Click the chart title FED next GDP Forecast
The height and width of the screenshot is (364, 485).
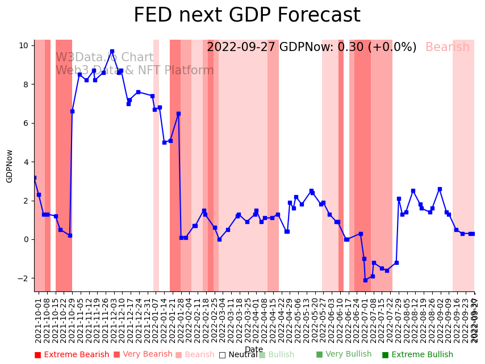246,15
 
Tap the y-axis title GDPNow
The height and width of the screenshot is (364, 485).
10,166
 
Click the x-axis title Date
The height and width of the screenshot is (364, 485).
254,349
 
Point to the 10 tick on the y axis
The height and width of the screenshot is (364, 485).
24,45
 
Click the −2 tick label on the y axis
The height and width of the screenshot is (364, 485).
23,278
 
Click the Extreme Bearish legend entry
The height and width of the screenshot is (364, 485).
72,355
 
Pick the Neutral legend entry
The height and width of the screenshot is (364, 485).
238,355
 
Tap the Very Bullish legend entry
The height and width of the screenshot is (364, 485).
344,354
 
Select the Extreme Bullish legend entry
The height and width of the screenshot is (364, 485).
417,355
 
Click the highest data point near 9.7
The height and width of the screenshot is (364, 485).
112,51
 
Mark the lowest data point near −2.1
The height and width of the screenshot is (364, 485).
365,280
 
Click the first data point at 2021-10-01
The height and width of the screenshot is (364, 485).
35,177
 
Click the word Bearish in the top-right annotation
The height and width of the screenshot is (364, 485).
448,48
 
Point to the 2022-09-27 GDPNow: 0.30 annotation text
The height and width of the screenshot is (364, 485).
311,48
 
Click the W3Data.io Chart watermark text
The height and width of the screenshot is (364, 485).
104,58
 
